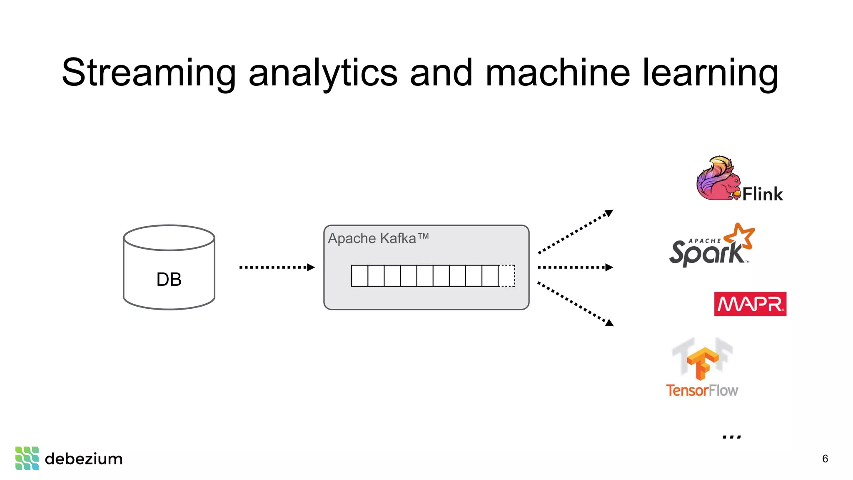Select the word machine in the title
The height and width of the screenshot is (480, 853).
tap(558, 73)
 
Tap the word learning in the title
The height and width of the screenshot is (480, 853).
tap(710, 73)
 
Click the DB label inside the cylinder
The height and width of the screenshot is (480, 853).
tap(169, 279)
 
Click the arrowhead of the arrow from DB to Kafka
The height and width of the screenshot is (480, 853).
tap(311, 267)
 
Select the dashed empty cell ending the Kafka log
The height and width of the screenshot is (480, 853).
tap(507, 275)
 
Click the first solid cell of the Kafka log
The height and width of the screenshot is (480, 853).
tap(359, 275)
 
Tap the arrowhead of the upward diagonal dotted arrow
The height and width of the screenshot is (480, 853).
tap(609, 213)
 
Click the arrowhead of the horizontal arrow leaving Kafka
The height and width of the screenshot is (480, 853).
tap(609, 267)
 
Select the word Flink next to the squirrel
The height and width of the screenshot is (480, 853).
tap(762, 194)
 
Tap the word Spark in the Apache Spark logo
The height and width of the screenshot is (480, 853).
tap(706, 253)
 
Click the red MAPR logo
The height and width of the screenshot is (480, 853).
tap(750, 304)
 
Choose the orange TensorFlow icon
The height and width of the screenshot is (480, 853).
tap(703, 362)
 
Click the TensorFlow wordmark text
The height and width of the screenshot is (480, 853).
tap(702, 390)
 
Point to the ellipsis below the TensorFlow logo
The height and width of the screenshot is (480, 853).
tap(732, 437)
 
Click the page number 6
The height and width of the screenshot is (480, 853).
tap(825, 459)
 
